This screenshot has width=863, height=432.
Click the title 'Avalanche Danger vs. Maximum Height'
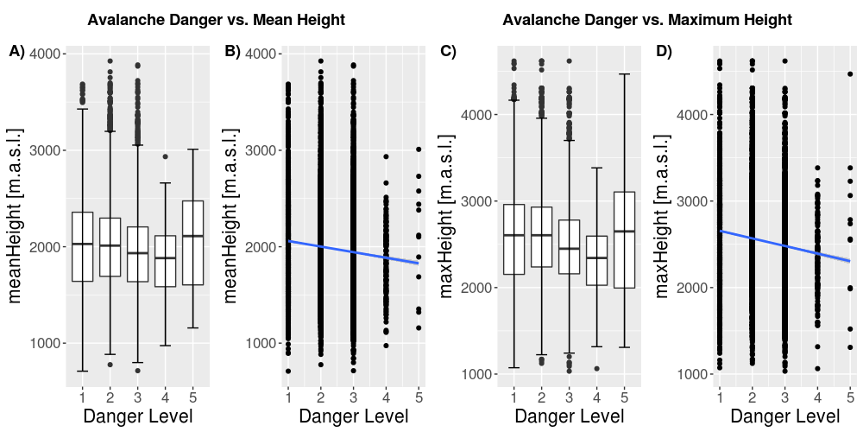[x=647, y=19]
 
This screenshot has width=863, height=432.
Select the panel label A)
[x=17, y=52]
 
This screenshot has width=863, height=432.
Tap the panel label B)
[x=232, y=52]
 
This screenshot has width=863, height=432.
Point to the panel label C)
[x=448, y=52]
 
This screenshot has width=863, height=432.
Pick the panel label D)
[x=664, y=52]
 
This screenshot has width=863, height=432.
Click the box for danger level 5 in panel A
[x=192, y=243]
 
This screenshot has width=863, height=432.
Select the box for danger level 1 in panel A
[x=82, y=246]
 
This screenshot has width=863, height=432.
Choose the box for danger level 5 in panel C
[x=624, y=239]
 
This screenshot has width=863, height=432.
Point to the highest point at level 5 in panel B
[x=419, y=149]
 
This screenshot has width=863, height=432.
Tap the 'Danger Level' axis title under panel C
[x=569, y=416]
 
